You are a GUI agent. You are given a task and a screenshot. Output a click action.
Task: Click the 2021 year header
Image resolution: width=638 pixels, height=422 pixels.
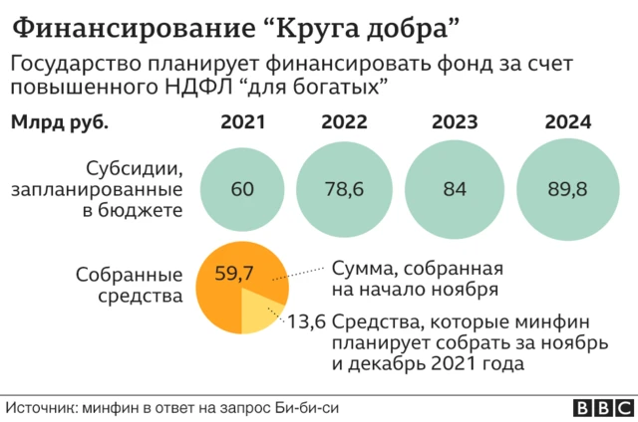[243, 123]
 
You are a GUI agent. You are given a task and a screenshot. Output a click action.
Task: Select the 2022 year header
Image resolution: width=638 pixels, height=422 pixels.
[344, 123]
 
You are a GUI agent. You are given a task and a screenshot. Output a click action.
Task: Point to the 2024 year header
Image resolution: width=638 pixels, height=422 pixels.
[568, 123]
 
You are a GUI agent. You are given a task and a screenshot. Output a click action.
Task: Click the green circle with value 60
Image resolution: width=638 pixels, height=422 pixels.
[242, 188]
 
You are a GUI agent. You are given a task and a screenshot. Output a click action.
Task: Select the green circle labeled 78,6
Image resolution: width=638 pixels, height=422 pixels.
[344, 188]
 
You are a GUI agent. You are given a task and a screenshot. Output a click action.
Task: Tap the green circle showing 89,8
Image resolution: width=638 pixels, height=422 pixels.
[567, 188]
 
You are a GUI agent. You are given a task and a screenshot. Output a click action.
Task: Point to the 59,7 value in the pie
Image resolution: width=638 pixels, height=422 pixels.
[234, 272]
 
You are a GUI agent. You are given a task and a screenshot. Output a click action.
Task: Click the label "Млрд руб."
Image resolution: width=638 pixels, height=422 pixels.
[59, 123]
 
